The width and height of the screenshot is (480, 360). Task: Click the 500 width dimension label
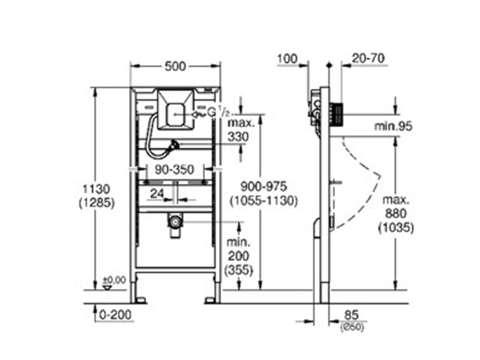click(x=175, y=66)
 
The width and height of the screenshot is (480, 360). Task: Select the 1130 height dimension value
click(x=96, y=189)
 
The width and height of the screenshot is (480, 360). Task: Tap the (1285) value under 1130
click(x=97, y=203)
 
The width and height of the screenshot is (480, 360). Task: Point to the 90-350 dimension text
click(x=174, y=169)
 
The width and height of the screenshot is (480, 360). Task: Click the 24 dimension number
click(x=157, y=193)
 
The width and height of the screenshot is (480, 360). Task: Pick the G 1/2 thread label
click(x=218, y=113)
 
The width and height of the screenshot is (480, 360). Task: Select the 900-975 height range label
click(x=263, y=187)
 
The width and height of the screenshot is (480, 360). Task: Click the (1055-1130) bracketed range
click(x=263, y=201)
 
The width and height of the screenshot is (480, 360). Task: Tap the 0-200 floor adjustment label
click(x=115, y=314)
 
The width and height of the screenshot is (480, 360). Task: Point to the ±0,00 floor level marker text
click(x=114, y=280)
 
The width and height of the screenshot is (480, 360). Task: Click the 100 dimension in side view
click(x=287, y=58)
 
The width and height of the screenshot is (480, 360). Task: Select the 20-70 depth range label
click(x=368, y=58)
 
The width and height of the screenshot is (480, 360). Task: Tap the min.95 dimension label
click(x=393, y=126)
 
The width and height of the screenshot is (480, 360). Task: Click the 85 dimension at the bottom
click(x=352, y=316)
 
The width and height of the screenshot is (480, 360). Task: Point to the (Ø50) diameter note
click(x=352, y=327)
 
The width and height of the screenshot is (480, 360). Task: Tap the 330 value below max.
click(x=238, y=137)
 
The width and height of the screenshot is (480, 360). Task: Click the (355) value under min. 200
click(x=239, y=271)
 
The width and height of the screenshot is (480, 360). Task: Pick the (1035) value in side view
click(x=396, y=228)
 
